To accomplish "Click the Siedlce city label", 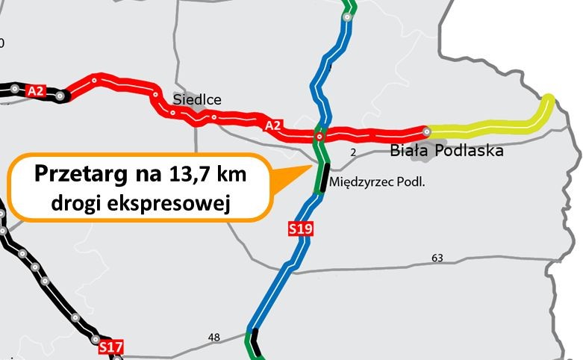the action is point(197,99).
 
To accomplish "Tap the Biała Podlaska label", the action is point(447,151).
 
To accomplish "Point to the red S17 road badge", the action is point(110,347).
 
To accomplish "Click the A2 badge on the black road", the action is point(36,91).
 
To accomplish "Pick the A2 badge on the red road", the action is point(273,125).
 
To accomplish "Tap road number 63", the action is point(437,258).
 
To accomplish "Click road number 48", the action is point(214,338).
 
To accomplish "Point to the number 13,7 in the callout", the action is point(188,176).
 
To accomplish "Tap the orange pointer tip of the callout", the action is point(311,167).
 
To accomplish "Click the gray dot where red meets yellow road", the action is point(426,131).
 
